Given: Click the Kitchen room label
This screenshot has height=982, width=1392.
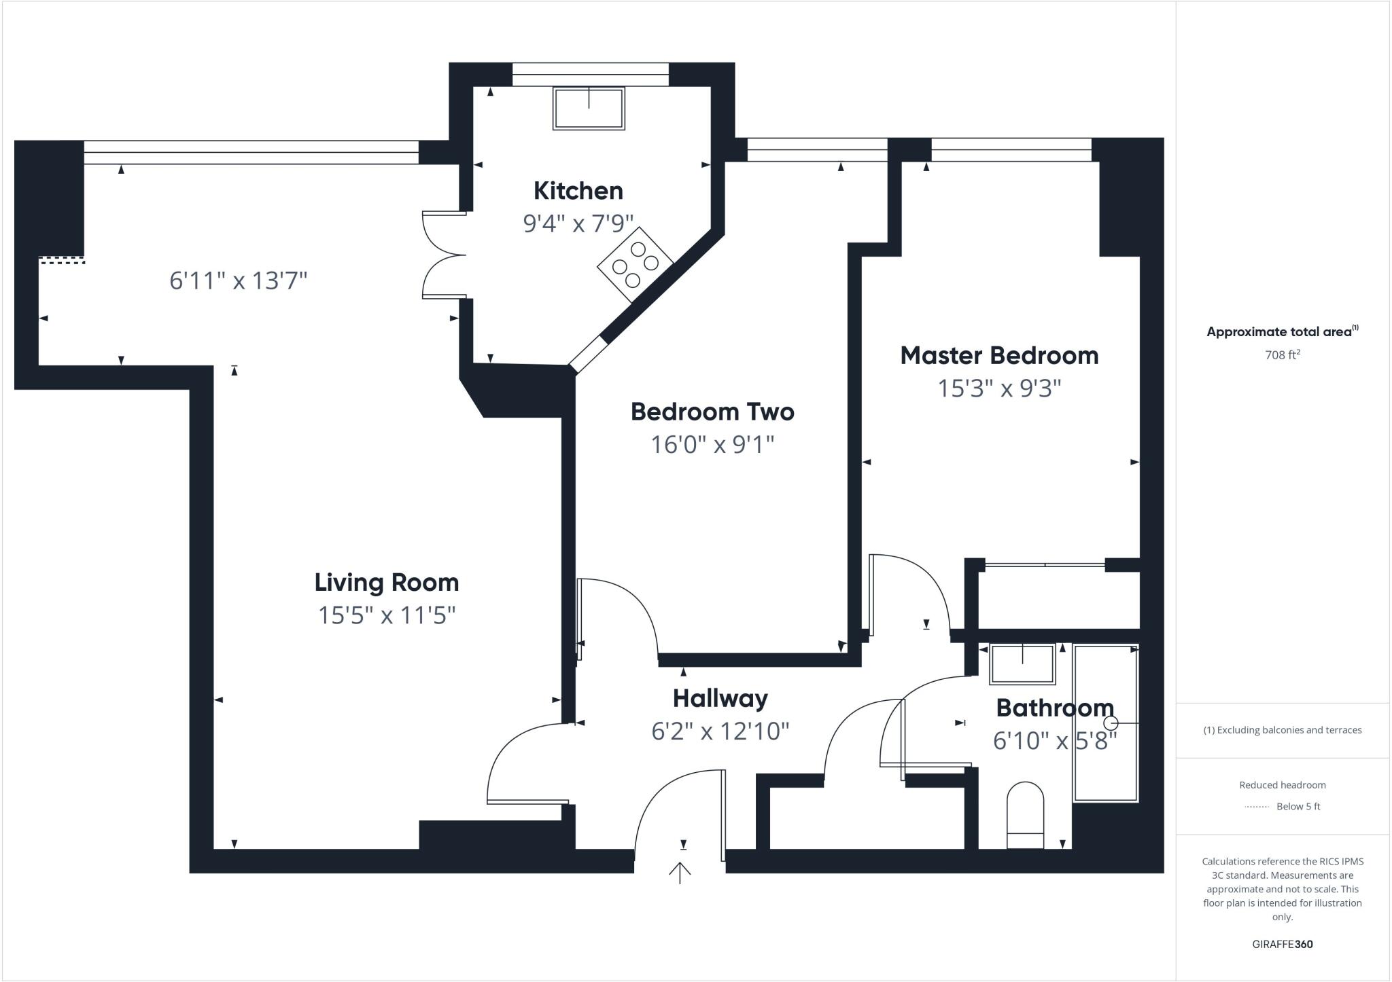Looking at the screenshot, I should [x=578, y=191].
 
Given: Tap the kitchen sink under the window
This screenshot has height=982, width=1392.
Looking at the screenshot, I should [x=589, y=109].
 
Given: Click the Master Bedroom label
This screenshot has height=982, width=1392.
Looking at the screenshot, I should [x=999, y=356].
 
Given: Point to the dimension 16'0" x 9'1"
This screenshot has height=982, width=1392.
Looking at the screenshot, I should [x=712, y=445].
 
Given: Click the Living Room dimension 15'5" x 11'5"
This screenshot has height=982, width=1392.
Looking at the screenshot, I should [x=387, y=615].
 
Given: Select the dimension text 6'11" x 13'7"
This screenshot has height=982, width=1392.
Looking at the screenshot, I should [x=239, y=280].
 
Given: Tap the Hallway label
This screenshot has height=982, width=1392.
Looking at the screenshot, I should [x=720, y=698].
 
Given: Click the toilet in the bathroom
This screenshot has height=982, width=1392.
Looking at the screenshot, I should [x=1025, y=815].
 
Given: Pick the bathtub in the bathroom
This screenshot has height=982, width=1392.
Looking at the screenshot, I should [x=1105, y=723].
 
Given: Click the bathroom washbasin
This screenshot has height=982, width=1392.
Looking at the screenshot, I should [x=1022, y=664].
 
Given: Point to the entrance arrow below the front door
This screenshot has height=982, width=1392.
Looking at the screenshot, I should [x=680, y=872].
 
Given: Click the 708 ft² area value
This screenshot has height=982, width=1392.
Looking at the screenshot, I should [x=1282, y=354].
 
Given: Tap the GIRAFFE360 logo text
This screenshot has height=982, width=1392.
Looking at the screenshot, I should [x=1282, y=944].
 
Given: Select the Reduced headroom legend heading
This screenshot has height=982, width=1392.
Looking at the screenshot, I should [x=1282, y=785].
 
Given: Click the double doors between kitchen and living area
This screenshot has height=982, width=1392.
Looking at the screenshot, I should [x=443, y=255].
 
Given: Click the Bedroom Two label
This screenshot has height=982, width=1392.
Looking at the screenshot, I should [x=712, y=412].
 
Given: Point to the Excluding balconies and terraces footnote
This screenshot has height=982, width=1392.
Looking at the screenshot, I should [x=1282, y=730].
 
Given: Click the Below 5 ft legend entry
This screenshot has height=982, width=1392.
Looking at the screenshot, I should [x=1298, y=807].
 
